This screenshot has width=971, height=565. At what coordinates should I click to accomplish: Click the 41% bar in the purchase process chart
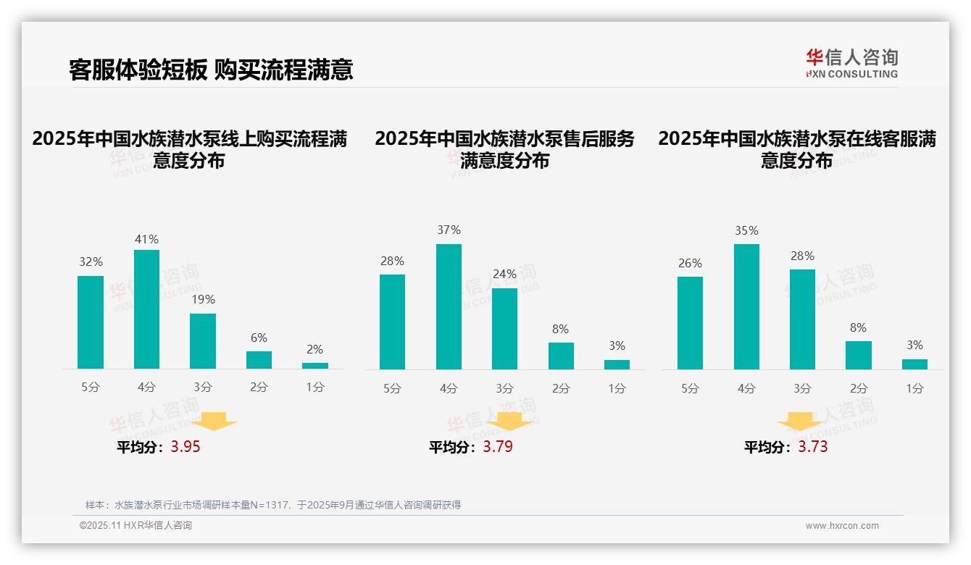[x=146, y=309]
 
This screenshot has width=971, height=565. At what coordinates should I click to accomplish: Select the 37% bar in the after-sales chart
[x=449, y=306]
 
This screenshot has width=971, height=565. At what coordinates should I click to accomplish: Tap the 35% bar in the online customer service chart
[x=746, y=306]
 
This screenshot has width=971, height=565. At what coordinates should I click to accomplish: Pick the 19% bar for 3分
[x=203, y=341]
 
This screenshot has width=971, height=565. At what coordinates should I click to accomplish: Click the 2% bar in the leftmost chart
[x=315, y=366]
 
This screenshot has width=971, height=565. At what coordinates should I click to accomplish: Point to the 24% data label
[x=504, y=274]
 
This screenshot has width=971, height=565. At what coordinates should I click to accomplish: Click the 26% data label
[x=690, y=263]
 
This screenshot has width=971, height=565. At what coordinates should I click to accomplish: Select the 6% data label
[x=259, y=338]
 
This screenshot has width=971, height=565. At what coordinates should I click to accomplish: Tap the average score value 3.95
[x=186, y=446]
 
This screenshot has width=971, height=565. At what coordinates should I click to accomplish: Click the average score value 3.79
[x=498, y=446]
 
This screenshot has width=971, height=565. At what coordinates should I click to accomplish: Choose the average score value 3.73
[x=813, y=446]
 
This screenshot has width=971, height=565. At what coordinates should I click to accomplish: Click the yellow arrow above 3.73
[x=800, y=421]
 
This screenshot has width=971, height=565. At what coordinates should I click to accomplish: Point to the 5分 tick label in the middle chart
[x=392, y=388]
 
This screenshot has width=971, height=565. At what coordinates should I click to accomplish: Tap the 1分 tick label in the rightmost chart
[x=914, y=388]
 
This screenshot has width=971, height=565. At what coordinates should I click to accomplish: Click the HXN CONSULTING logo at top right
[x=851, y=64]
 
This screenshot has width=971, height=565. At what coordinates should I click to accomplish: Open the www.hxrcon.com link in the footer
[x=842, y=526]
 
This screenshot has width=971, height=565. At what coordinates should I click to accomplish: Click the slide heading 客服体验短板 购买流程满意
[x=211, y=70]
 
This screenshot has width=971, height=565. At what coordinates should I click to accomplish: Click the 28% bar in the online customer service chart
[x=802, y=319]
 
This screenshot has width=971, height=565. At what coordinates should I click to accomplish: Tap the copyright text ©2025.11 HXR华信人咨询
[x=136, y=526]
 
